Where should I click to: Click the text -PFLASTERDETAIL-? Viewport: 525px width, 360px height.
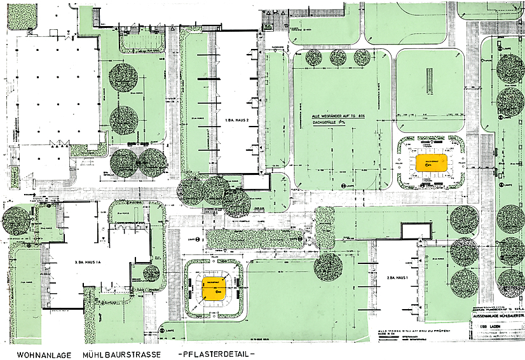tap(215, 352)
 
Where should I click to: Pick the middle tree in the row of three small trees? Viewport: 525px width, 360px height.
tap(338, 57)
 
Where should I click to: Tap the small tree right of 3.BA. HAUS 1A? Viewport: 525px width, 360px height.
tap(151, 273)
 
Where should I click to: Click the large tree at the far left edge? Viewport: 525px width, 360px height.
tap(14, 221)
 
